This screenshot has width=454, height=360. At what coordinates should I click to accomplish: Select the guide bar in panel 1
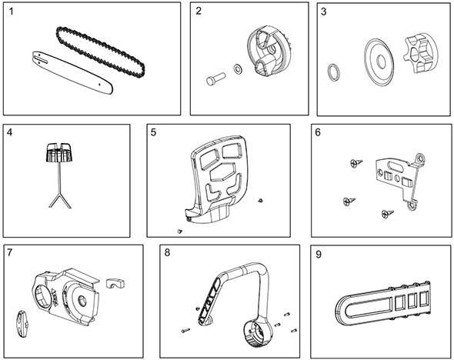[x=72, y=73]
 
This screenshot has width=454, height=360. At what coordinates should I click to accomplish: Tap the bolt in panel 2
[x=215, y=78]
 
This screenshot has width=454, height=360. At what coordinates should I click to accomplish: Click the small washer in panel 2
[x=238, y=68]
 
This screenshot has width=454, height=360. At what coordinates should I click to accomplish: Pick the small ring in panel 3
[x=334, y=72]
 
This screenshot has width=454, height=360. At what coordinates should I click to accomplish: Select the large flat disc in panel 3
[x=379, y=62]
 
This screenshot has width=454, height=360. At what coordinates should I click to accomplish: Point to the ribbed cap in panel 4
[x=58, y=152]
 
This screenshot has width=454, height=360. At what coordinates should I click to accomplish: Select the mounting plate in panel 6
[x=401, y=181]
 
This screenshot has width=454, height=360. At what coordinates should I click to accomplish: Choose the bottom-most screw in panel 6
[x=388, y=214]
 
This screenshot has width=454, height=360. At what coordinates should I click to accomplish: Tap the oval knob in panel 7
[x=22, y=324]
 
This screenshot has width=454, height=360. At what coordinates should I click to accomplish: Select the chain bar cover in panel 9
[x=383, y=303]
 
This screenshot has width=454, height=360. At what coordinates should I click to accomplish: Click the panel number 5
[x=153, y=132]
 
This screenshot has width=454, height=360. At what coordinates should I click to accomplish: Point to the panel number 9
[x=319, y=255]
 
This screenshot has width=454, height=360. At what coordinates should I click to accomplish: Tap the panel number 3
[x=324, y=12]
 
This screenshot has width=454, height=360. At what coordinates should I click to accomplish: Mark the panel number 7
[x=10, y=252]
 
